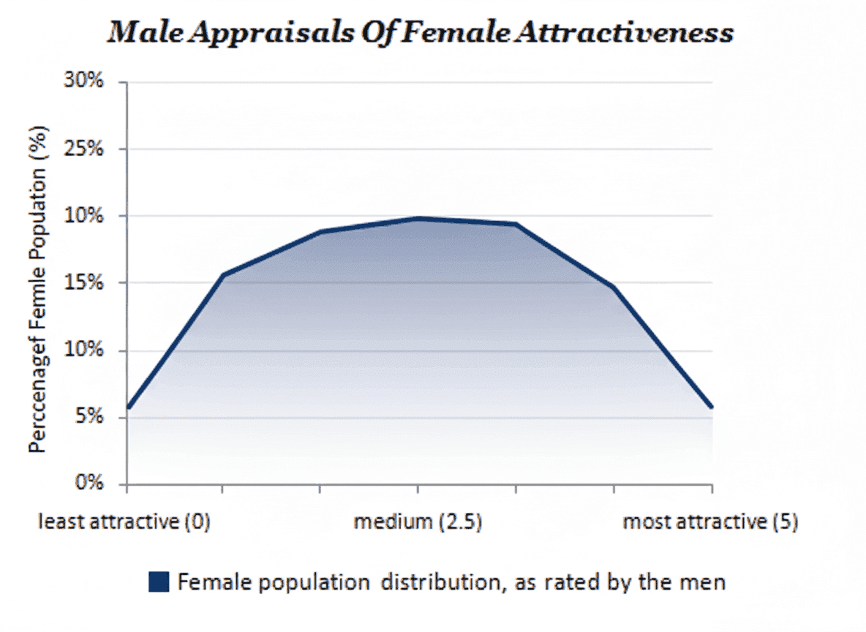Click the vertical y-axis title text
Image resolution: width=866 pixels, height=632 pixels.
click(x=37, y=290)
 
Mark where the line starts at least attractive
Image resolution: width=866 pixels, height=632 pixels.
click(x=129, y=407)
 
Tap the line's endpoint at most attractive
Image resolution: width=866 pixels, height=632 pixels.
click(x=711, y=407)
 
